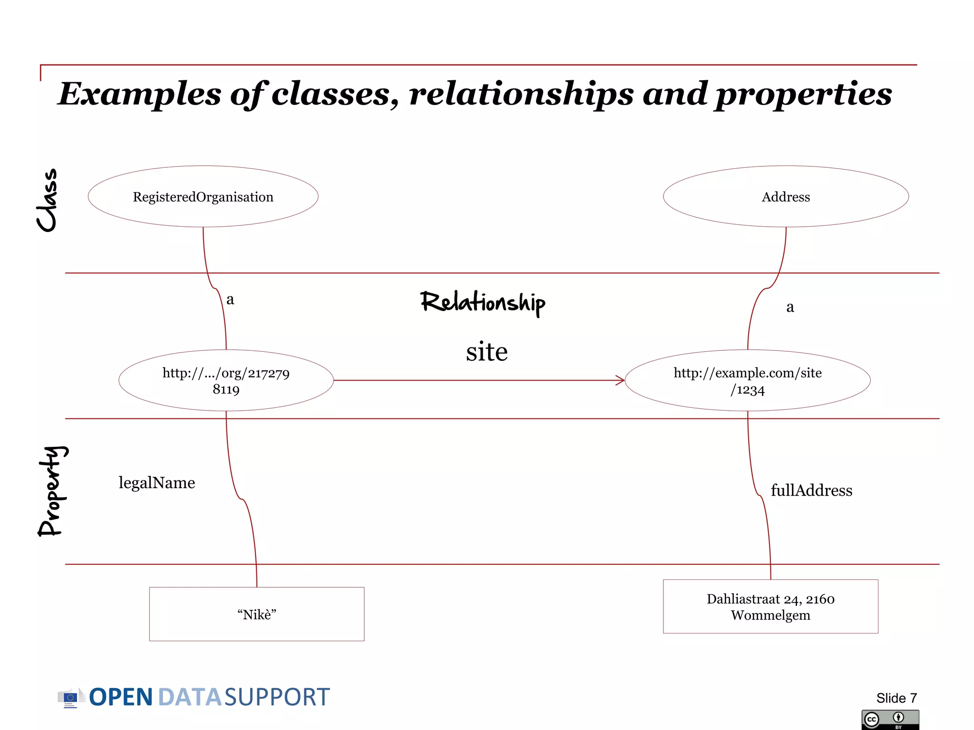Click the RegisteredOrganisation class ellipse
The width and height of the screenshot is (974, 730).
pyautogui.click(x=203, y=197)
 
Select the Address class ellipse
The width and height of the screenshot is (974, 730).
pyautogui.click(x=786, y=197)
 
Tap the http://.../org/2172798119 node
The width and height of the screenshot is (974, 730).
pyautogui.click(x=226, y=381)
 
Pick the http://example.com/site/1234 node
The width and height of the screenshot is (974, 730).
pyautogui.click(x=748, y=381)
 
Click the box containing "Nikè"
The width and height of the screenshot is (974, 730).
pyautogui.click(x=257, y=614)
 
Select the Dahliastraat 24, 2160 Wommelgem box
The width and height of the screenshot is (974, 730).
pyautogui.click(x=770, y=606)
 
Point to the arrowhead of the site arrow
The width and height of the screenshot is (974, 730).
pyautogui.click(x=620, y=380)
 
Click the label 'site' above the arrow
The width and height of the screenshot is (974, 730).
pyautogui.click(x=487, y=352)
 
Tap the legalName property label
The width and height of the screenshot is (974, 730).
pyautogui.click(x=157, y=483)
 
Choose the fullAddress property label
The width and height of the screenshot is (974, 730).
pyautogui.click(x=811, y=490)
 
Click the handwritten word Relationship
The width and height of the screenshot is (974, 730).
pyautogui.click(x=483, y=302)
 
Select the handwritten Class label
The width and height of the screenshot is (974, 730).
pyautogui.click(x=48, y=201)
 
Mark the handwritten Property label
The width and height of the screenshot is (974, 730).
pyautogui.click(x=52, y=491)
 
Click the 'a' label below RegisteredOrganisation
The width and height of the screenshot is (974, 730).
pyautogui.click(x=230, y=299)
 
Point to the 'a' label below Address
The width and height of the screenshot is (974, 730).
pyautogui.click(x=790, y=307)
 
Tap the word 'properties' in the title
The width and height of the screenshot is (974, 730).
pyautogui.click(x=804, y=94)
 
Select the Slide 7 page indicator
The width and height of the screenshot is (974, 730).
pyautogui.click(x=896, y=698)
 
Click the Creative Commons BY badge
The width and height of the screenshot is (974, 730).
pyautogui.click(x=890, y=720)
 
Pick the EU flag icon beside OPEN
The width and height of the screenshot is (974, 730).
pyautogui.click(x=70, y=698)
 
